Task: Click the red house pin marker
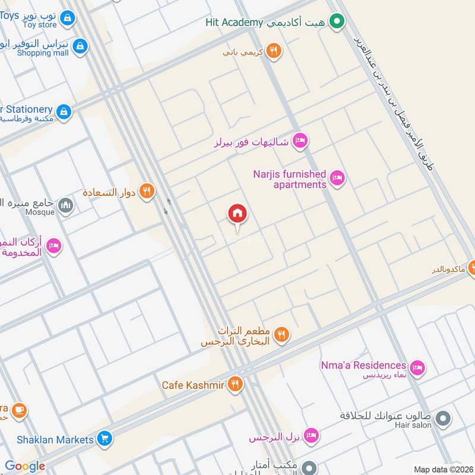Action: click(x=237, y=214)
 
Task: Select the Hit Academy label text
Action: click(x=234, y=23)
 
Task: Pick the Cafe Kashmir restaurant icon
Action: click(x=236, y=385)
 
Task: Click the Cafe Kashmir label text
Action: click(x=193, y=385)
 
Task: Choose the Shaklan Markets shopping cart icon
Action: click(x=104, y=439)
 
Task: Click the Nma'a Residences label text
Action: click(x=363, y=365)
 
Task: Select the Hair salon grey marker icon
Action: click(x=443, y=419)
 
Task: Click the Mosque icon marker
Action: click(x=66, y=206)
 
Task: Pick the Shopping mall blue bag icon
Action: click(x=80, y=46)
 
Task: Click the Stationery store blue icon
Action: click(x=64, y=111)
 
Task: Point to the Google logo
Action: click(x=25, y=467)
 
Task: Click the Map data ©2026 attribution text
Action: click(x=443, y=469)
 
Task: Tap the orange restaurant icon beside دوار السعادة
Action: click(x=147, y=192)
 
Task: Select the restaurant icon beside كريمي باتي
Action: click(x=273, y=52)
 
